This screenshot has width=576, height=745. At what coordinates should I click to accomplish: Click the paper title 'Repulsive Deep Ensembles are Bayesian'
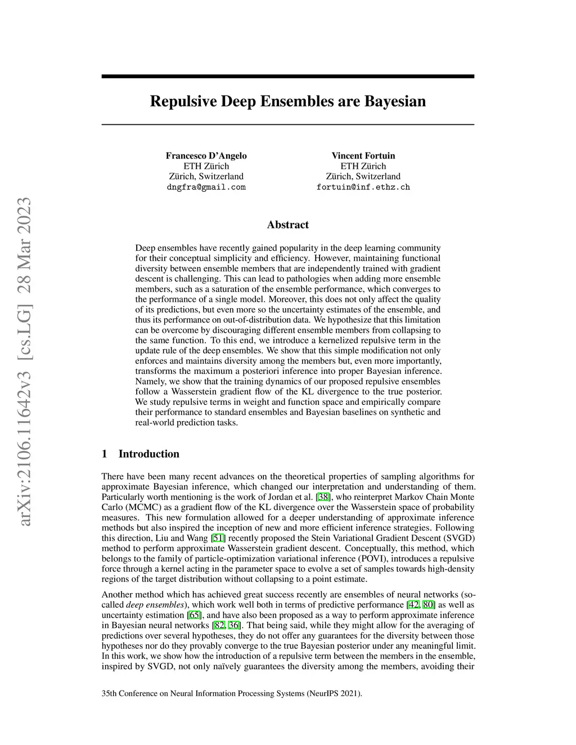point(287,102)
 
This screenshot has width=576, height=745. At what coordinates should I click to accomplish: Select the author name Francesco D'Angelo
point(206,156)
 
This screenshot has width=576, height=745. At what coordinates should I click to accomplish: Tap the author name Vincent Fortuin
point(363,156)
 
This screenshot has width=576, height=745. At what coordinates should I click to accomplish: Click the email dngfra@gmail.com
point(206,187)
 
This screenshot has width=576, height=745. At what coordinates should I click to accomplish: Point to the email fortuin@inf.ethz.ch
point(363,187)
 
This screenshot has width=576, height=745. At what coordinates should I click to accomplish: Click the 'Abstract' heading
point(287,225)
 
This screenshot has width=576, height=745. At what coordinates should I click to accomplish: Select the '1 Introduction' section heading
point(141,454)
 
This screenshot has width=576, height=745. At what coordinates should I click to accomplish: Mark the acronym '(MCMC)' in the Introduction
point(139,507)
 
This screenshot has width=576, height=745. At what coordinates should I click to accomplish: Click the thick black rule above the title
point(287,76)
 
